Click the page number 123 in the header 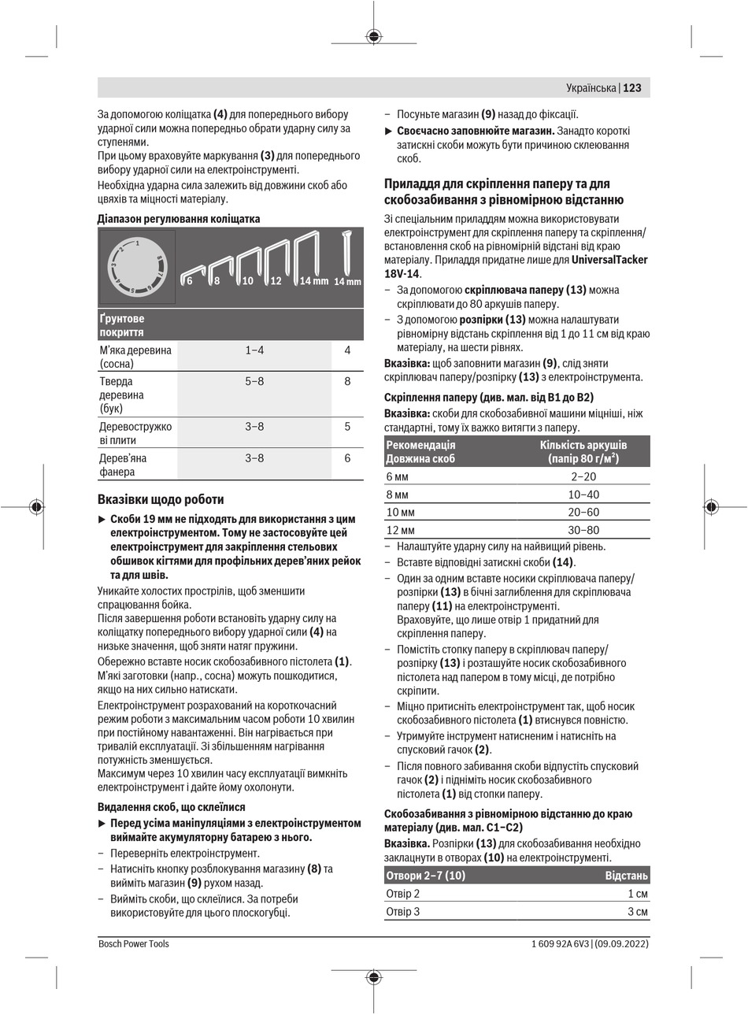tap(633, 88)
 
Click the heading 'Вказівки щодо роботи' tap(161, 499)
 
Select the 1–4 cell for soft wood tap(254, 350)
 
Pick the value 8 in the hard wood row tap(347, 381)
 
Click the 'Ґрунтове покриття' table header tap(122, 325)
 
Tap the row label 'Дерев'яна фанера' tap(123, 465)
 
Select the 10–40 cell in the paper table tap(583, 495)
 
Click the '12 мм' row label tap(401, 530)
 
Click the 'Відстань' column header tap(626, 876)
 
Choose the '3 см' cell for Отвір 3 tap(638, 912)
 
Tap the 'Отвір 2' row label tap(403, 894)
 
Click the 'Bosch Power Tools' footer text tap(134, 943)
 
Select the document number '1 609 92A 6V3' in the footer tap(556, 943)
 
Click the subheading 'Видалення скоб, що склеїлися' tap(172, 807)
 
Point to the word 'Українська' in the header tap(591, 88)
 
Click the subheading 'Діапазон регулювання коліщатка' tap(179, 219)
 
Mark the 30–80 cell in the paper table tap(583, 530)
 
